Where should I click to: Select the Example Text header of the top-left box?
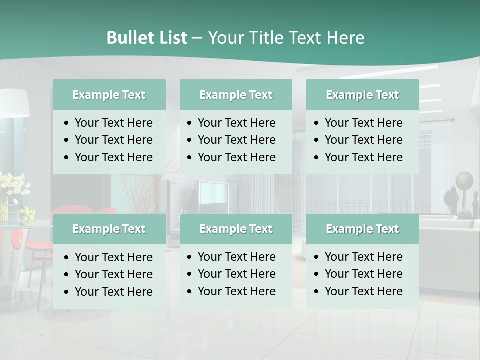109,95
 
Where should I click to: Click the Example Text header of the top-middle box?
236,95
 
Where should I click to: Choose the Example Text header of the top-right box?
362,95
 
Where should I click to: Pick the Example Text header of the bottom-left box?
109,229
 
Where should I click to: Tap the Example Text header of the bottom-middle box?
236,229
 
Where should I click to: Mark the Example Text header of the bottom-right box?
362,229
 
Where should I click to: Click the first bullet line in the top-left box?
113,123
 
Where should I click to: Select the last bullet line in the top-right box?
363,157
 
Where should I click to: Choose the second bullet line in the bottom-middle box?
236,274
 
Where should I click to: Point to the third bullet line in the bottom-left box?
113,292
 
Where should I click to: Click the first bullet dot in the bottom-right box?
316,257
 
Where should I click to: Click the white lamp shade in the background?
15,103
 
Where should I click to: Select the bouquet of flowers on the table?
12,187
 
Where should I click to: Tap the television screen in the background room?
214,192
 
